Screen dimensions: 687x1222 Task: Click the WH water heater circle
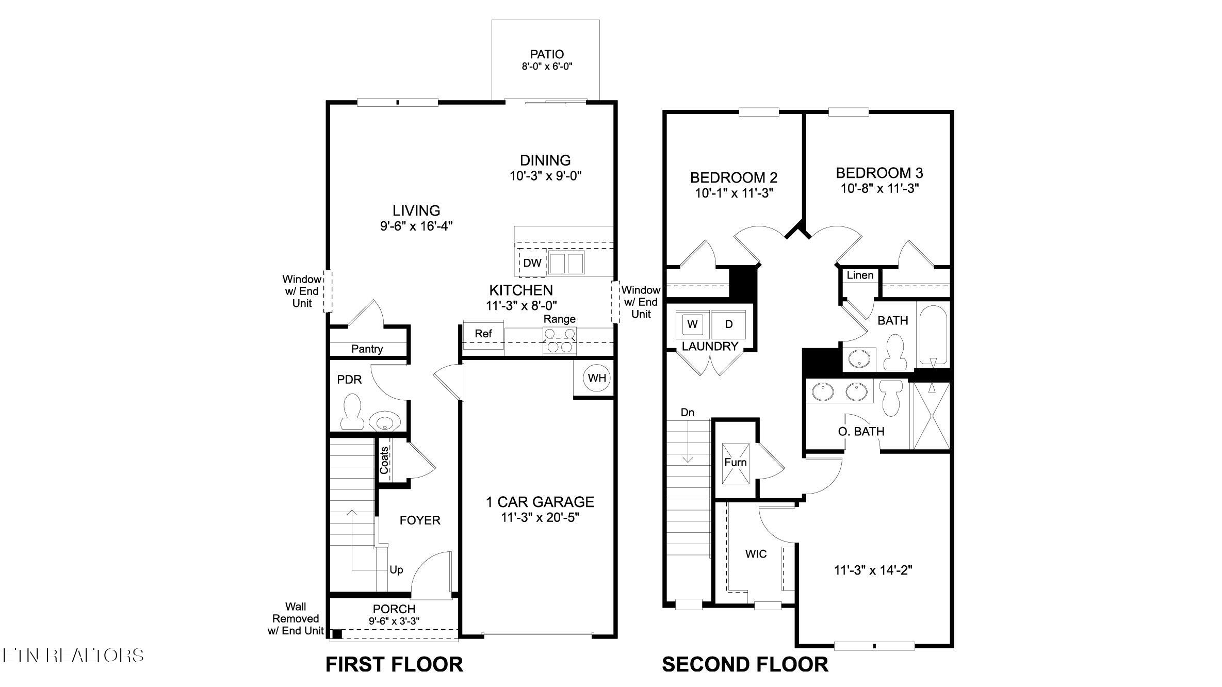[x=597, y=378]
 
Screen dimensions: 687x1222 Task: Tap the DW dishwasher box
[x=532, y=263]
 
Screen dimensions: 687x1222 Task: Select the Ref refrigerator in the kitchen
[x=483, y=334]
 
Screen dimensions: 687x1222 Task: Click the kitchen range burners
[x=560, y=341]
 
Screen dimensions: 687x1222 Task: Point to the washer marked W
[x=692, y=324]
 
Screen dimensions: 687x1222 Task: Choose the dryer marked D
[x=729, y=324]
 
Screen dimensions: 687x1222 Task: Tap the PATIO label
[x=547, y=54]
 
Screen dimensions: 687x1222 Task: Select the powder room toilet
[x=352, y=412]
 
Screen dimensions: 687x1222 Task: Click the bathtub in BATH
[x=933, y=335]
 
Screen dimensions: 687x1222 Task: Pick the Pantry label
[x=367, y=349]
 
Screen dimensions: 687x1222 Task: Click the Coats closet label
[x=384, y=460]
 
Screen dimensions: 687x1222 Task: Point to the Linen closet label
[x=860, y=275]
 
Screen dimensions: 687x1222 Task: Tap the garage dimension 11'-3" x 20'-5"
[x=540, y=517]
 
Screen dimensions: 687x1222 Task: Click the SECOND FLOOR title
[x=745, y=664]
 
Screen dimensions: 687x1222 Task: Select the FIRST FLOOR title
[x=394, y=664]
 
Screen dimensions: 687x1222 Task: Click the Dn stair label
[x=687, y=413]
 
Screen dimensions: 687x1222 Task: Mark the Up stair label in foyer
[x=396, y=570]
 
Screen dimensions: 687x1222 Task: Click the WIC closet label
[x=756, y=554]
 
